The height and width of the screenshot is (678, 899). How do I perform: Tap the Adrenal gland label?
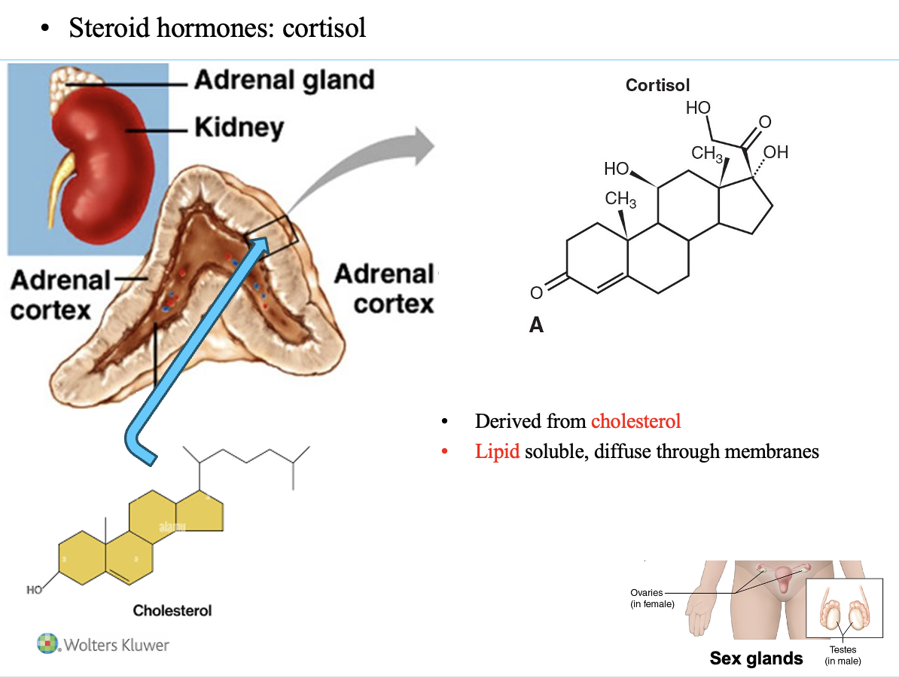tap(284, 81)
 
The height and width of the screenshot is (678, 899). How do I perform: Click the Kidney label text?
tap(239, 127)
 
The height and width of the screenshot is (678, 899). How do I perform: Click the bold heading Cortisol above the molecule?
tap(657, 86)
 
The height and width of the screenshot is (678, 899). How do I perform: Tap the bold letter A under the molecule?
tap(536, 325)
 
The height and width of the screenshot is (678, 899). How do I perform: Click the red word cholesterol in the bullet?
tap(635, 421)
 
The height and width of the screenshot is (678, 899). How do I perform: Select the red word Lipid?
tap(497, 452)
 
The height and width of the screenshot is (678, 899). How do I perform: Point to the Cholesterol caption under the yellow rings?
tap(172, 610)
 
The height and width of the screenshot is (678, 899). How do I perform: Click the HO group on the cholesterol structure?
tap(35, 590)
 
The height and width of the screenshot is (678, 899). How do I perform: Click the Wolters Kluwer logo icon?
tap(48, 644)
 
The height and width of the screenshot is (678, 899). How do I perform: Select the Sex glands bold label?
tap(756, 658)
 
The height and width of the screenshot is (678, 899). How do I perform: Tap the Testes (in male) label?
tap(843, 655)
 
